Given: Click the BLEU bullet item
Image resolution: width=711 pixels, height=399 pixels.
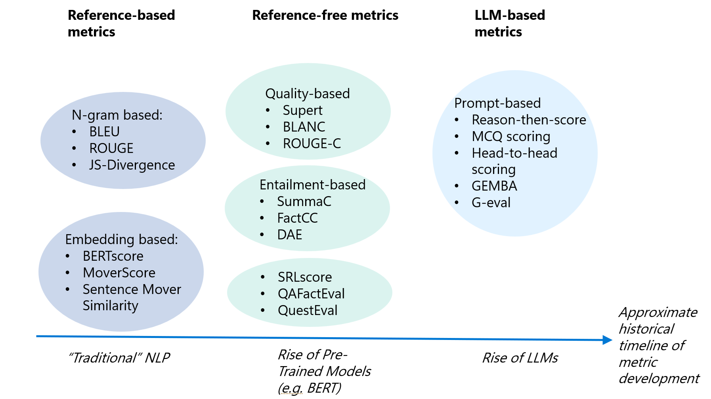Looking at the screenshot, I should (104, 132).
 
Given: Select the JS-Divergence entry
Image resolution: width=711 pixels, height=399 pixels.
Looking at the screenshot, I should (132, 165).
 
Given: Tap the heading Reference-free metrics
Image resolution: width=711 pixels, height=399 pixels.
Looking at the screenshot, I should (325, 15).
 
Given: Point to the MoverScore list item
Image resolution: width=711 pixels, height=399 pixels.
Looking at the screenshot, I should (119, 273).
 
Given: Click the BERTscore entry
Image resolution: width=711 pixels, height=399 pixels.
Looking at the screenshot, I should (113, 256).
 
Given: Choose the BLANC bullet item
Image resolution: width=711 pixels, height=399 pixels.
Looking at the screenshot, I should (304, 127).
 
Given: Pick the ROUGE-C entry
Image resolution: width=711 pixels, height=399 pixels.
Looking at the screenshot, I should (312, 143).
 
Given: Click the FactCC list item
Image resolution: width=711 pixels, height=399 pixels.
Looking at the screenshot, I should (297, 218).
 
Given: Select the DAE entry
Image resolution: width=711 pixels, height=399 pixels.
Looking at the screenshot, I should (290, 235).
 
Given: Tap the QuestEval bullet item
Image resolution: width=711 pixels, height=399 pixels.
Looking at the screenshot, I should (308, 310).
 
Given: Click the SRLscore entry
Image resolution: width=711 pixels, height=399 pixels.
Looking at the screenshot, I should (305, 277).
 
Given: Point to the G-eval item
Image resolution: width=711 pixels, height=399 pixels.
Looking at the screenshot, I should (491, 202).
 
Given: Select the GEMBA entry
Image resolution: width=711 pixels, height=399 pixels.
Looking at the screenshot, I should (494, 186).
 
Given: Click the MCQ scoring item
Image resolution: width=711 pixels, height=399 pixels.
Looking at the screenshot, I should (511, 136).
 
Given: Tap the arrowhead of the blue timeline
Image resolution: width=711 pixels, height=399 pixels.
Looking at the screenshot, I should (607, 340).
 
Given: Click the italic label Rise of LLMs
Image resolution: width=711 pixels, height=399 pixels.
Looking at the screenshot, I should (520, 358).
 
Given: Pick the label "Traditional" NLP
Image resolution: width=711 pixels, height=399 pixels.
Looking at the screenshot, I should (119, 358).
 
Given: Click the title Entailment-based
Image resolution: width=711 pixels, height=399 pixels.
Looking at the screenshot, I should (312, 185).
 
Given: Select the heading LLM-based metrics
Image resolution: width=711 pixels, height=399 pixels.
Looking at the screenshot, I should (510, 23).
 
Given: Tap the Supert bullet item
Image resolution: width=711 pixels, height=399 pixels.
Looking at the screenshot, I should (302, 110).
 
